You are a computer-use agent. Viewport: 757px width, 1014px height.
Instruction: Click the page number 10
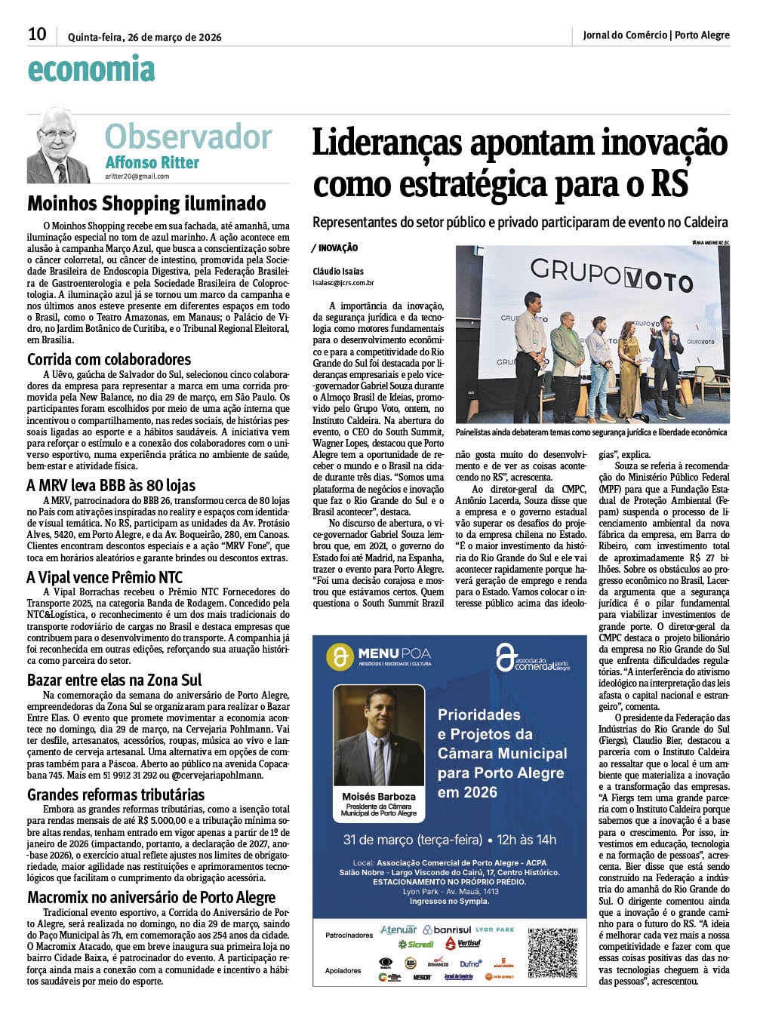point(36,34)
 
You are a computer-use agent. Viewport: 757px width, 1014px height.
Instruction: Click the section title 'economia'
point(91,69)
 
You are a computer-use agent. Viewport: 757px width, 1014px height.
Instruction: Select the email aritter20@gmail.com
point(137,177)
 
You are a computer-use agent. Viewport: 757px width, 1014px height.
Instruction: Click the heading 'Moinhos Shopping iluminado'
point(146,204)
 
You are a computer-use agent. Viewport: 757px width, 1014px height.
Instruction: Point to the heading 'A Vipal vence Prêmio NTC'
point(104,578)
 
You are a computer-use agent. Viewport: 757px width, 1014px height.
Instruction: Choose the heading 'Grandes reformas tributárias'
point(115,794)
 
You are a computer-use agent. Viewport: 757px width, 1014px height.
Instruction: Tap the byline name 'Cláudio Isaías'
point(338,272)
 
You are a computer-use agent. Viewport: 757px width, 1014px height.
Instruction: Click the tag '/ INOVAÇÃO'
point(334,248)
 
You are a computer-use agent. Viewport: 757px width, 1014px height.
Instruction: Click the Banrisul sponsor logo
point(447,929)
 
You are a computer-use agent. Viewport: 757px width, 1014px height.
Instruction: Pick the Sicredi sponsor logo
point(416,944)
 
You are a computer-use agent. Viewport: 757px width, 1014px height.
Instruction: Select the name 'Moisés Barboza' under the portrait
point(379,797)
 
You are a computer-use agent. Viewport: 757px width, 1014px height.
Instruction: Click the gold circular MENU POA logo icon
point(340,656)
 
